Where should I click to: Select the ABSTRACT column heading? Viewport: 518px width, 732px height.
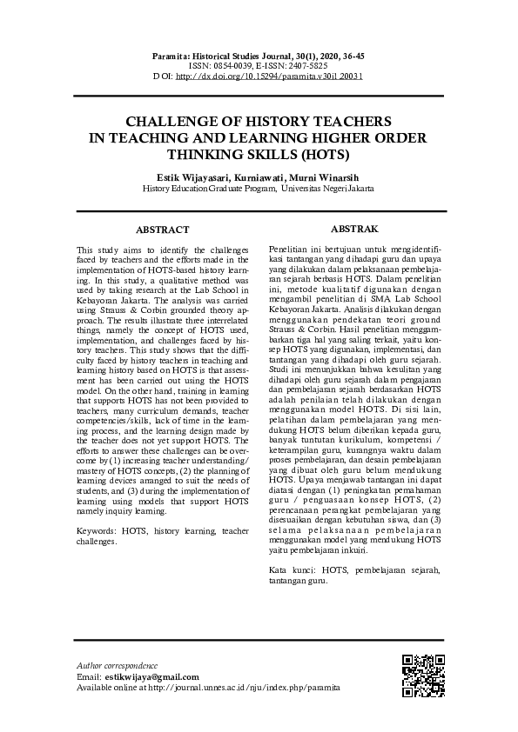click(x=162, y=230)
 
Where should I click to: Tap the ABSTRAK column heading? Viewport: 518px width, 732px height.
click(x=355, y=229)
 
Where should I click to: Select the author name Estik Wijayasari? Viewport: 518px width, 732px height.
click(x=185, y=176)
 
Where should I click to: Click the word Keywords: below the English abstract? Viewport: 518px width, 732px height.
click(x=98, y=530)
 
